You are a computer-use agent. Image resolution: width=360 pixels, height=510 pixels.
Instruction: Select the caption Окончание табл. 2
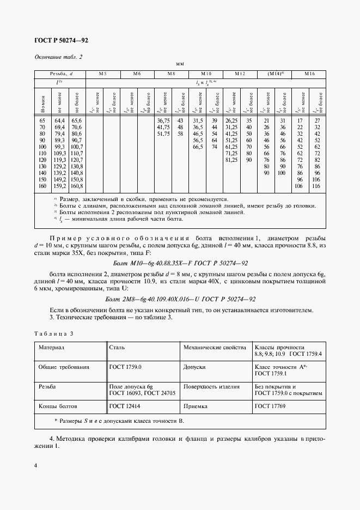[x=58, y=57]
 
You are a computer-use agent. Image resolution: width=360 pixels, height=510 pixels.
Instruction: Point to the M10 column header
[x=206, y=73]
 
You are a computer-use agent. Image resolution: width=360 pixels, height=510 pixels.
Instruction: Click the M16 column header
[x=309, y=73]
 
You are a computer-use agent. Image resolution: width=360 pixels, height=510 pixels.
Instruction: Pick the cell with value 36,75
[x=164, y=120]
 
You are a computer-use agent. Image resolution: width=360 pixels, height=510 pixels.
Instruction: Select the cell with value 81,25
[x=231, y=160]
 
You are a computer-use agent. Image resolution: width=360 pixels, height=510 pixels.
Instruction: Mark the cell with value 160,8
[x=76, y=186]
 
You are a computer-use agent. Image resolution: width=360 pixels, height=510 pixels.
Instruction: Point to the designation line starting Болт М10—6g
[x=179, y=262]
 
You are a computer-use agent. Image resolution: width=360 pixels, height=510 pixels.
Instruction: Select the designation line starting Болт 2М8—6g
[x=179, y=300]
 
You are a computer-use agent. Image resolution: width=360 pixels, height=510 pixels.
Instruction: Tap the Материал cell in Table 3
[x=51, y=347]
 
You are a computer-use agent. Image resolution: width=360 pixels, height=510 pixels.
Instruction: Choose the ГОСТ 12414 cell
[x=122, y=406]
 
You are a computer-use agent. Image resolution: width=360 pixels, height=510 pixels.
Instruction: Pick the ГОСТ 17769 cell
[x=268, y=406]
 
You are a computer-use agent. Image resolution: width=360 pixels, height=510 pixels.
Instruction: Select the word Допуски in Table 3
[x=194, y=367]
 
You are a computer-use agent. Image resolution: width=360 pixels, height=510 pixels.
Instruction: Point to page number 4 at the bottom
[x=35, y=465]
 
